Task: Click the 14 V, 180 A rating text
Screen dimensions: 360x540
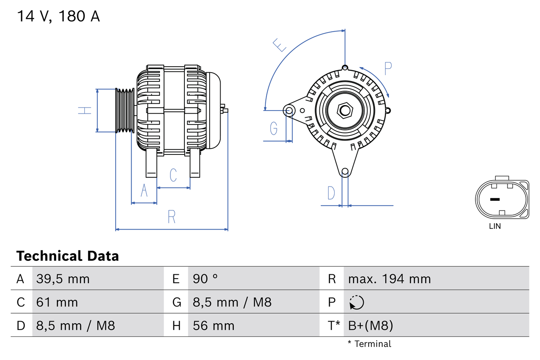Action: tap(58, 16)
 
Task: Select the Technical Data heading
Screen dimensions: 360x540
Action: tap(67, 256)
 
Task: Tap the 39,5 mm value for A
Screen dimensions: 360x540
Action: tap(63, 279)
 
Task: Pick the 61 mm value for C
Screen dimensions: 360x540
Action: tap(57, 302)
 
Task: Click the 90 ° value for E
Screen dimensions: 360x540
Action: tap(205, 279)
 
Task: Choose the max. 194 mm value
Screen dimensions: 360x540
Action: tap(389, 279)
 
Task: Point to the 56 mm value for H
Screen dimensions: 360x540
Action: tap(213, 325)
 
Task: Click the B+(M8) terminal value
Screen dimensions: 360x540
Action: tap(370, 325)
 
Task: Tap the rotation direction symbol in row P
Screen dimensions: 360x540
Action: tap(356, 302)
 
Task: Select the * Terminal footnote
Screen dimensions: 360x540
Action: tap(370, 344)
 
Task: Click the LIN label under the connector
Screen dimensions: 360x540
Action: tap(495, 226)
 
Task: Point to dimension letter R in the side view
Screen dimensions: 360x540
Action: tap(171, 217)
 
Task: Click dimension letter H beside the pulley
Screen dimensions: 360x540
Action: tap(85, 111)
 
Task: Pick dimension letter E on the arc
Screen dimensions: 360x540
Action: tap(280, 45)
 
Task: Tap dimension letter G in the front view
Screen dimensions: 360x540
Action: tap(274, 128)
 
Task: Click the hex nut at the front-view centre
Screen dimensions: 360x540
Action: tap(345, 111)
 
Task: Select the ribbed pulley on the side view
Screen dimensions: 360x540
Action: tap(125, 111)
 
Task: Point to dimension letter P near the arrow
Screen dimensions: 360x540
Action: tap(388, 68)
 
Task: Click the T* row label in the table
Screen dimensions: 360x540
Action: tap(334, 325)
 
